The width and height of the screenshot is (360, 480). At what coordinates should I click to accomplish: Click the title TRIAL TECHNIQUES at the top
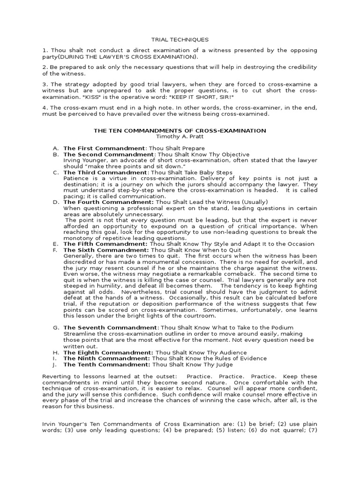click(x=180, y=40)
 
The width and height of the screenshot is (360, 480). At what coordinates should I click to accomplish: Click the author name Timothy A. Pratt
click(x=180, y=137)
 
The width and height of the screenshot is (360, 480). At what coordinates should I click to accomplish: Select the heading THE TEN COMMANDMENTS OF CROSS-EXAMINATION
click(x=180, y=131)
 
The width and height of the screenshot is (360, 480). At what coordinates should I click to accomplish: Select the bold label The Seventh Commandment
click(x=104, y=327)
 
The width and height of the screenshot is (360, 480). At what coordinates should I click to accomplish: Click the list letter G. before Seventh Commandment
click(x=56, y=327)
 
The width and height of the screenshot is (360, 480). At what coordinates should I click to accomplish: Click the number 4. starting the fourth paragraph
click(x=45, y=108)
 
